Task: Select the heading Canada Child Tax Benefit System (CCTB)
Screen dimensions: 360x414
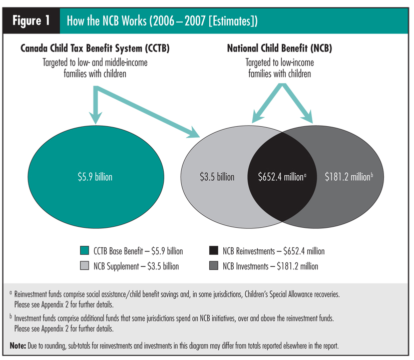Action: coord(95,49)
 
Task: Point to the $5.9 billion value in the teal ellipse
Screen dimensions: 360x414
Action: coord(95,176)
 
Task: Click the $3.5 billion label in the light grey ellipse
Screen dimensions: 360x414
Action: coord(216,176)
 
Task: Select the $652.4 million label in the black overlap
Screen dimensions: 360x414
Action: coord(282,176)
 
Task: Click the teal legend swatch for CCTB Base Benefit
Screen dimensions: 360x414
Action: coord(84,251)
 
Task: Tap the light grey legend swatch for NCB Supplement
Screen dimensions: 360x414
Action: coord(84,266)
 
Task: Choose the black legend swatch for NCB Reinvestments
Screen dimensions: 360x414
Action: coord(213,251)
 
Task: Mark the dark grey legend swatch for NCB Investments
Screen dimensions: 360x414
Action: coord(213,266)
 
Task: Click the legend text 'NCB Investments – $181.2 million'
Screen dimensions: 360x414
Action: coord(270,266)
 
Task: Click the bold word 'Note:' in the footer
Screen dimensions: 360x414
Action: coord(20,346)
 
